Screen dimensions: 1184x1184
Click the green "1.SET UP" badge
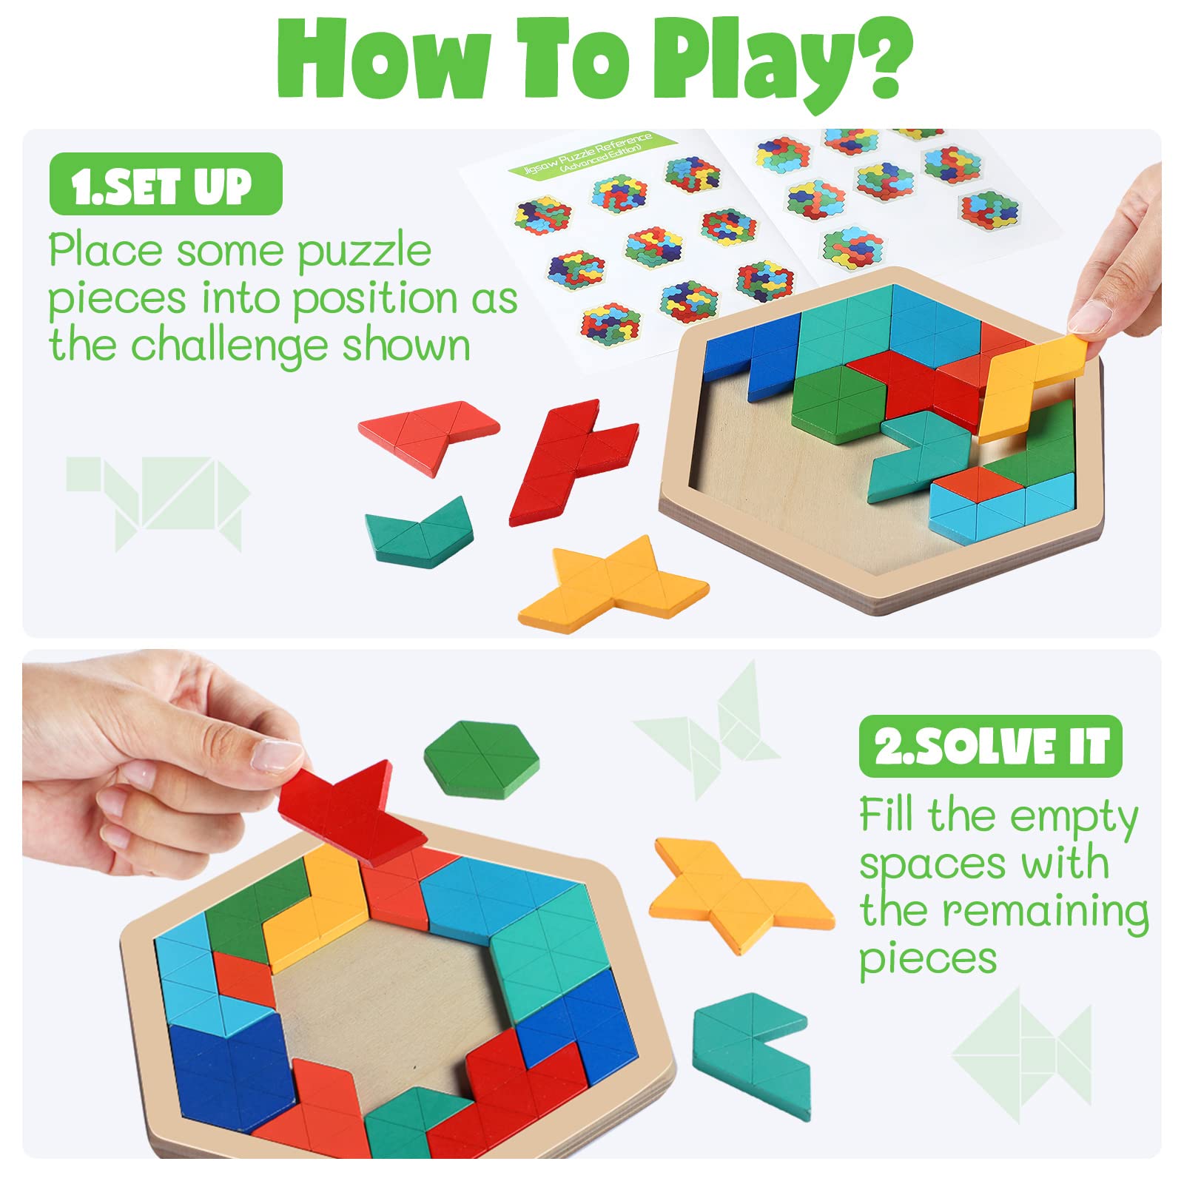[x=166, y=184]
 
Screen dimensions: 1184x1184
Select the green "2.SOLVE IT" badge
[x=991, y=746]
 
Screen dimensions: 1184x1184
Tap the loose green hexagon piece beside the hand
[x=482, y=760]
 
